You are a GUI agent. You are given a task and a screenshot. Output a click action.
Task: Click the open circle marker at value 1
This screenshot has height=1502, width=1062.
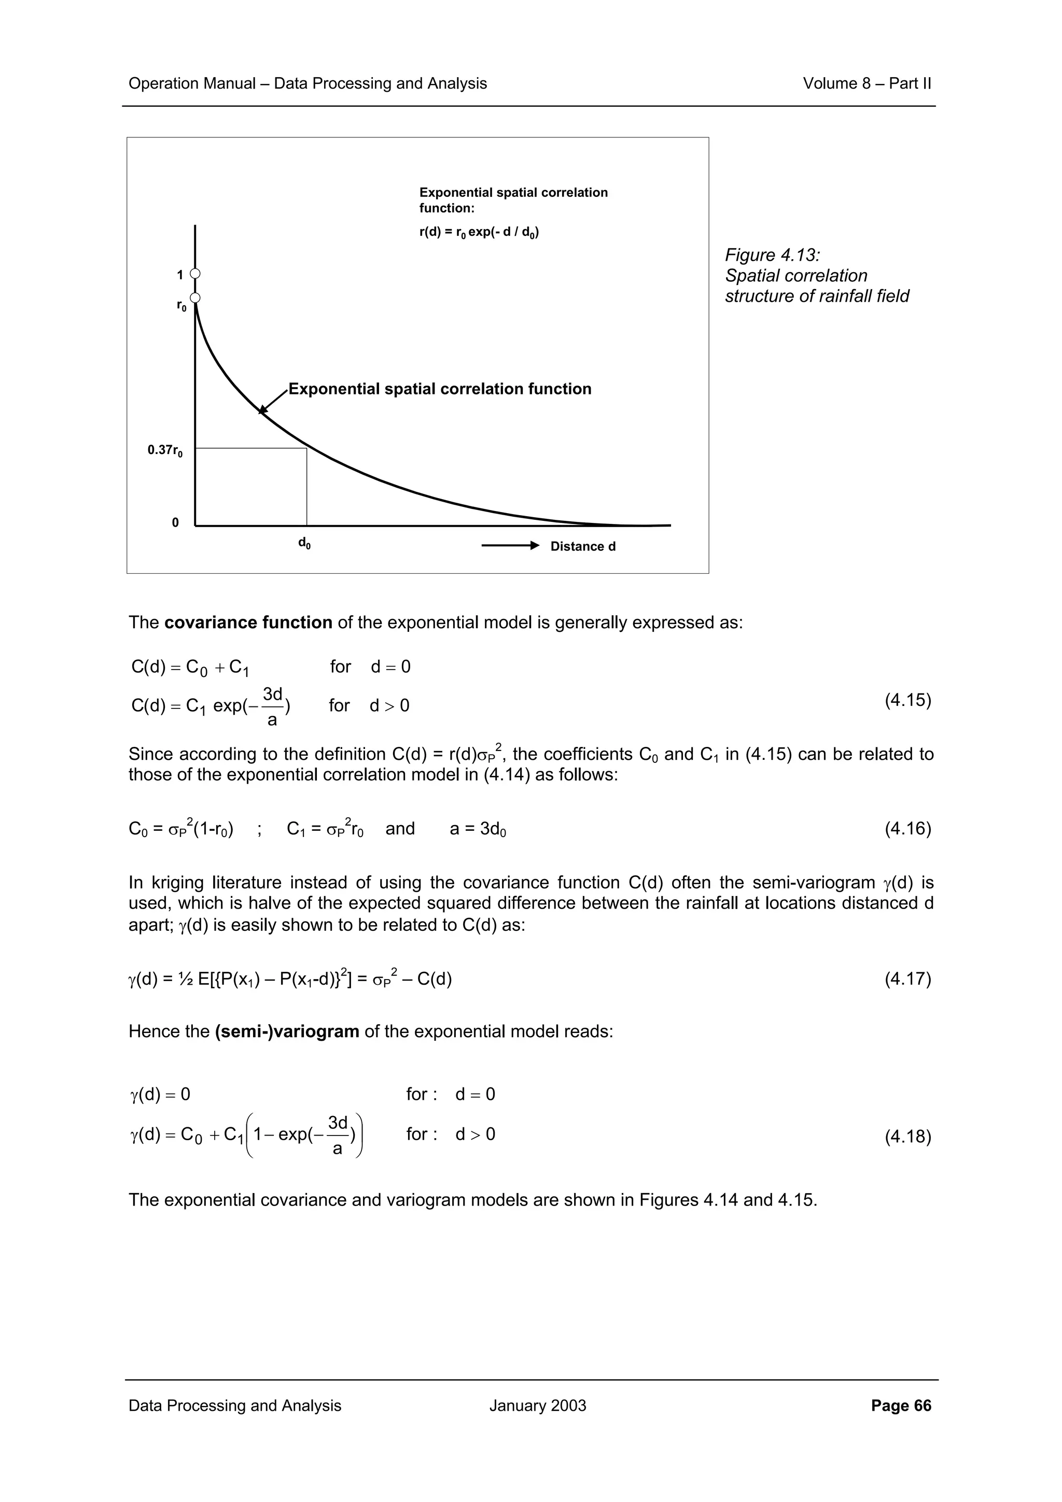(x=195, y=274)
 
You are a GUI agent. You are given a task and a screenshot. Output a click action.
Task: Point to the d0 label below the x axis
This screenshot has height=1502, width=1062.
(x=304, y=543)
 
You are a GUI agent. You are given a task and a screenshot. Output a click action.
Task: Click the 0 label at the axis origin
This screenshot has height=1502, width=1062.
(x=175, y=522)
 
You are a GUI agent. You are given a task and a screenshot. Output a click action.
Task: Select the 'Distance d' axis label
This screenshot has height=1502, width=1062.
(x=582, y=546)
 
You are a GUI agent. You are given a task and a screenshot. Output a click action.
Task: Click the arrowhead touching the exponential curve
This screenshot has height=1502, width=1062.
(x=263, y=409)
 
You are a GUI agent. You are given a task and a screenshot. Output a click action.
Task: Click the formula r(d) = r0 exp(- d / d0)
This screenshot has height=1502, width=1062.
(x=479, y=232)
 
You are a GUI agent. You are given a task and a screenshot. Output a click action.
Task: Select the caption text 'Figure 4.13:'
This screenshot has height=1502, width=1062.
(x=772, y=255)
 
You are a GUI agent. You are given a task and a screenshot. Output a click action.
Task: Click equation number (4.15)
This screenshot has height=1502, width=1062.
(x=907, y=700)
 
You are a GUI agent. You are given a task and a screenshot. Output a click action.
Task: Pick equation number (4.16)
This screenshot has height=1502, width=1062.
(x=907, y=829)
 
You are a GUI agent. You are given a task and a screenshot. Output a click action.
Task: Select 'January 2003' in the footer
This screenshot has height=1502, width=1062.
(x=537, y=1405)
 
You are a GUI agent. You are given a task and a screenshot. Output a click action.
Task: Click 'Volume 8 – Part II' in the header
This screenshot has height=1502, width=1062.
(x=867, y=84)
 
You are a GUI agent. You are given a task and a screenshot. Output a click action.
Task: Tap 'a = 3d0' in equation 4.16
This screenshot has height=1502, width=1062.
(x=478, y=829)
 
